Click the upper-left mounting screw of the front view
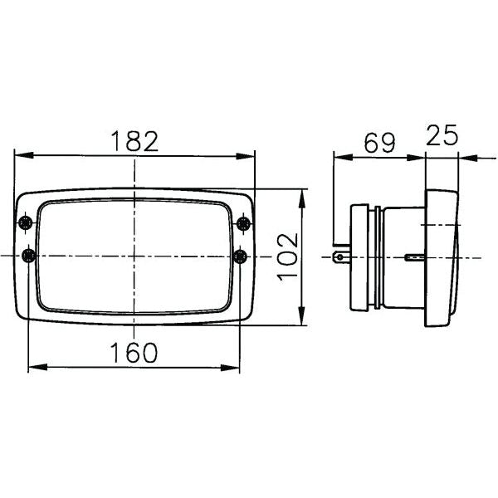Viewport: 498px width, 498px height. pos(28,222)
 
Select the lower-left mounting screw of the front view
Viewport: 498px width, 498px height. pos(28,255)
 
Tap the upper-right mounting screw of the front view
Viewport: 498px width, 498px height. pos(243,222)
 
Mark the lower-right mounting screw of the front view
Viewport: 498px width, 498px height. pos(243,255)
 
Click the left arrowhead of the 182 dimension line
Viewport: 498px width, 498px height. pos(21,155)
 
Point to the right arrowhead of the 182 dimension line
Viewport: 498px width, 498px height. pos(248,155)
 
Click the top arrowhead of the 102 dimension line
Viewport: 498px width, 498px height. pos(301,194)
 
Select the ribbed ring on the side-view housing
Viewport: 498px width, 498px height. pos(378,256)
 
